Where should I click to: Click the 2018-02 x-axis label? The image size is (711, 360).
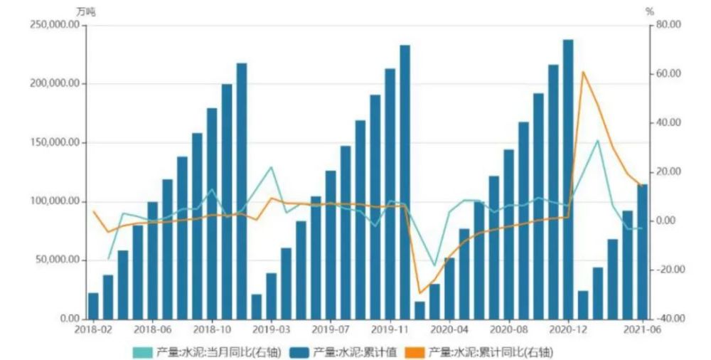[92, 329]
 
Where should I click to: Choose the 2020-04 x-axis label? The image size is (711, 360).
[449, 329]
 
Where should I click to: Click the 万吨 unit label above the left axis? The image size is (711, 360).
[85, 11]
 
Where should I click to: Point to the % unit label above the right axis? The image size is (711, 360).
[649, 11]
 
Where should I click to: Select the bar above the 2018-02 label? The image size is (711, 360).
[93, 305]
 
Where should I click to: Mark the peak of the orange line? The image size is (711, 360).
[583, 72]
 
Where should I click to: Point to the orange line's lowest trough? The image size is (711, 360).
[419, 293]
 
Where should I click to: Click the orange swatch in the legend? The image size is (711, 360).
[412, 351]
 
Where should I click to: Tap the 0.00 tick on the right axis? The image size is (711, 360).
[667, 221]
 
